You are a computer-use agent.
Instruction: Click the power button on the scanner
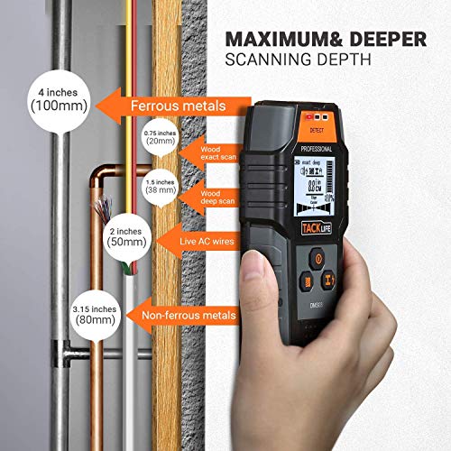point(316,257)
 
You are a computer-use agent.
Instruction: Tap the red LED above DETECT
point(311,118)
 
